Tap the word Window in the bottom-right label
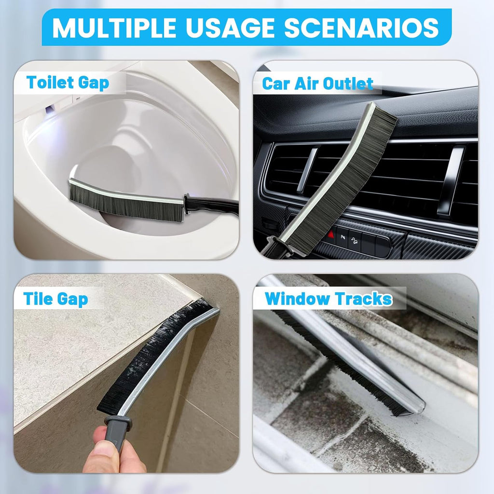[299, 299]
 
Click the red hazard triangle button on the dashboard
[331, 235]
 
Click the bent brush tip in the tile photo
[205, 306]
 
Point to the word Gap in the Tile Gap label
[72, 299]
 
